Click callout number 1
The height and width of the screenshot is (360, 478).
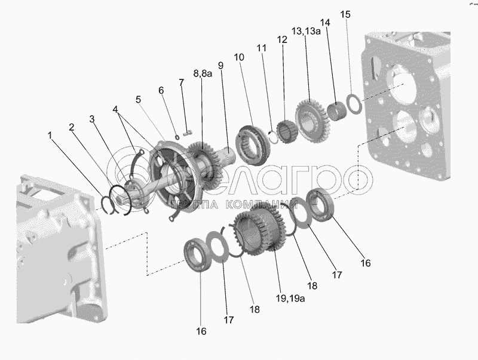click(50, 136)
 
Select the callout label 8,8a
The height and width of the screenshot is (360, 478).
click(203, 73)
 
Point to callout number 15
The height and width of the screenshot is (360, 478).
click(345, 14)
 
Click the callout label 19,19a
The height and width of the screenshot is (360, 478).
click(290, 298)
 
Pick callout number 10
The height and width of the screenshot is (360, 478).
click(239, 57)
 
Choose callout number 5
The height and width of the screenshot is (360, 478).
click(139, 99)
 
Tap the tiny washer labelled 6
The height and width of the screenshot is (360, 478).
click(177, 137)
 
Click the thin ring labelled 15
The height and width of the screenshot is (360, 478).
click(354, 104)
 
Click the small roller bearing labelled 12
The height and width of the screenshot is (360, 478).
click(287, 131)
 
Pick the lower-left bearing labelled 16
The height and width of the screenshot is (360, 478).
click(198, 254)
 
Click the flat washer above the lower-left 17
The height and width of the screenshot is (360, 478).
click(219, 246)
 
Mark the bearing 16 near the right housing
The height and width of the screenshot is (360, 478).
click(321, 204)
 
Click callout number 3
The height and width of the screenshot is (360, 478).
click(92, 119)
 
